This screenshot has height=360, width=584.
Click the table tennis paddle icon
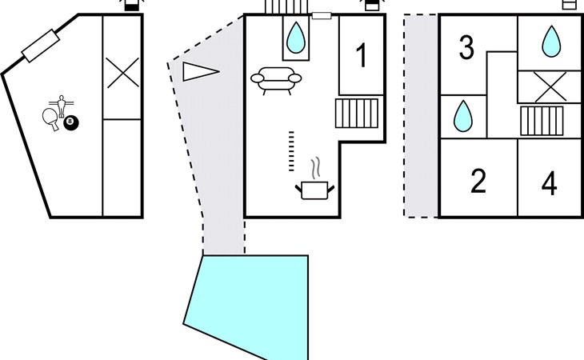click(x=50, y=118)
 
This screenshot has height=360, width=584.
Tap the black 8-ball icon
click(x=71, y=122)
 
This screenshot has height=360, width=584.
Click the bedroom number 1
click(x=361, y=56)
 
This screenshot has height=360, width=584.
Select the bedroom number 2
click(x=478, y=182)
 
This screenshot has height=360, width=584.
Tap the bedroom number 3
click(x=466, y=48)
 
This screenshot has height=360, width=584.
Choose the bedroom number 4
click(x=549, y=183)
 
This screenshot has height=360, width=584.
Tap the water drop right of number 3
click(x=550, y=41)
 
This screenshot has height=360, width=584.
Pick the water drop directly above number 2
click(x=462, y=118)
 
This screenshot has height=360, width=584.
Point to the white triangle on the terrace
click(x=199, y=72)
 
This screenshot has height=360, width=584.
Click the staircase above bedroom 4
click(x=542, y=122)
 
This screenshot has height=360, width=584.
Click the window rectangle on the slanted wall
click(x=41, y=46)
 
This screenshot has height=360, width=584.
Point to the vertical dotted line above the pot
click(x=291, y=150)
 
